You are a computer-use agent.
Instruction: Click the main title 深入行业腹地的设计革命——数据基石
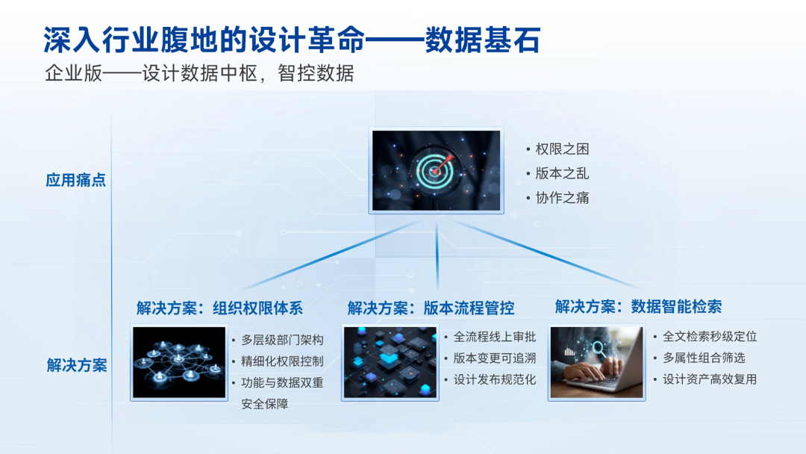click(x=291, y=40)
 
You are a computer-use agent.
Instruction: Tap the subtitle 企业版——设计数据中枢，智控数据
click(x=199, y=74)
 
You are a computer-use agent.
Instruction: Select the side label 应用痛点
click(x=76, y=180)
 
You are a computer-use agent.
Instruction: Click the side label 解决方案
click(x=76, y=365)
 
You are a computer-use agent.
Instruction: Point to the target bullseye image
click(x=437, y=171)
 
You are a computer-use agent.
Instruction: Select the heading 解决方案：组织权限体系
click(x=219, y=308)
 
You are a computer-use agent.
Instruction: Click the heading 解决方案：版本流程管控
click(x=431, y=308)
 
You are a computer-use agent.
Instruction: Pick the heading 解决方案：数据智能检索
click(x=638, y=306)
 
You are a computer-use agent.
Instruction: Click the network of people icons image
click(x=179, y=362)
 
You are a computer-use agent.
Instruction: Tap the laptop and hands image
click(x=596, y=362)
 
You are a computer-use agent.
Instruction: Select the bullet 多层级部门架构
click(x=282, y=340)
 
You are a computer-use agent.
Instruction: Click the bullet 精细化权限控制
click(x=282, y=361)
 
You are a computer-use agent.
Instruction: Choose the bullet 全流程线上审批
click(x=495, y=337)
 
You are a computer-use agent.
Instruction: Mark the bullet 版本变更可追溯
click(x=495, y=358)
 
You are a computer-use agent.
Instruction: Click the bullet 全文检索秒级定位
click(x=710, y=337)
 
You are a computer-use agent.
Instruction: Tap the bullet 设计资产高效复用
click(x=710, y=379)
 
